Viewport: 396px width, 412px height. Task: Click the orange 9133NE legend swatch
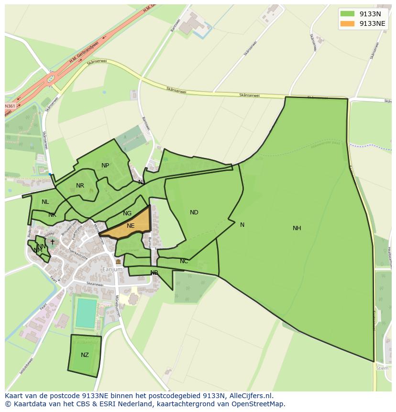click(347, 23)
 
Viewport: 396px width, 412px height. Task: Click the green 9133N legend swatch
click(347, 14)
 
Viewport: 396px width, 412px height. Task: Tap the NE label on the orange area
click(131, 226)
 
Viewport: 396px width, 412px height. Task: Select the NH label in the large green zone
click(297, 228)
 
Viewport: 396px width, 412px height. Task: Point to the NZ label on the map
click(85, 355)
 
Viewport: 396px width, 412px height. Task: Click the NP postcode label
click(105, 166)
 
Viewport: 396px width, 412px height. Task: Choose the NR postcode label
click(80, 186)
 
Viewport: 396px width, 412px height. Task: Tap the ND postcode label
click(194, 212)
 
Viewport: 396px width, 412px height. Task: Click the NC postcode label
click(184, 261)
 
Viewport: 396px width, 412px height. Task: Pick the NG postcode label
click(127, 213)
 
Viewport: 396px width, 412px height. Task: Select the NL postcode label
click(45, 202)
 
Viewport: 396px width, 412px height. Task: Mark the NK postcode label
click(52, 215)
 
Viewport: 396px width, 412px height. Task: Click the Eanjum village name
click(112, 269)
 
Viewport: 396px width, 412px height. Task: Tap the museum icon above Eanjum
click(118, 262)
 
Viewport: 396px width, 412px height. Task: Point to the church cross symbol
click(53, 242)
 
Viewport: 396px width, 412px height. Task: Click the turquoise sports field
click(86, 313)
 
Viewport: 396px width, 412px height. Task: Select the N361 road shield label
click(10, 106)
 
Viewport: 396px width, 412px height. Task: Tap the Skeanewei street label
click(95, 284)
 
